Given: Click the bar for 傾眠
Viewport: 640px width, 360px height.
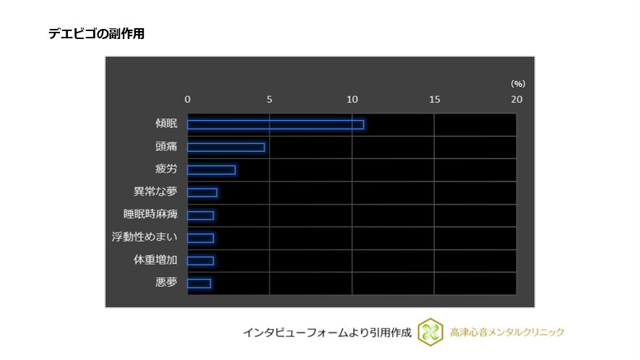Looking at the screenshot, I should click(275, 124).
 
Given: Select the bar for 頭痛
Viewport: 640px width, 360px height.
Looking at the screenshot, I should click(226, 147).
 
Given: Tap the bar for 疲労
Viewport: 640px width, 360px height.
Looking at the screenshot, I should click(211, 170).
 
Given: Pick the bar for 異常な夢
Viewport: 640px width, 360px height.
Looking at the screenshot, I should click(202, 192).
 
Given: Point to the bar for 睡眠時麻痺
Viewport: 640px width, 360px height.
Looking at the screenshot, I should click(201, 215).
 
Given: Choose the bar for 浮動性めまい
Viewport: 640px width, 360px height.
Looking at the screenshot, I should click(201, 238).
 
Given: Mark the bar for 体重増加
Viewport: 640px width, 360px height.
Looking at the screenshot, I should click(201, 260).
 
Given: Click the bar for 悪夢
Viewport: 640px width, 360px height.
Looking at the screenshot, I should click(199, 283).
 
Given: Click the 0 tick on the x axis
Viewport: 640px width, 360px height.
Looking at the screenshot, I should click(188, 99).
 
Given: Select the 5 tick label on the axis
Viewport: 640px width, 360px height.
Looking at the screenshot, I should click(269, 99).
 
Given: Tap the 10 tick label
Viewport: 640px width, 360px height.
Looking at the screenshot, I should click(352, 99).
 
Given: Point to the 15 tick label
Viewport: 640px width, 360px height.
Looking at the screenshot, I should click(434, 99).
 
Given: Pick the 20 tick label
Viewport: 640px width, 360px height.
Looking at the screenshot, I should click(516, 99).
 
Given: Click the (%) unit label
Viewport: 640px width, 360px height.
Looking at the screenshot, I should click(517, 84).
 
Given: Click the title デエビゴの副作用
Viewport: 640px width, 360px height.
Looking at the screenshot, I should click(96, 34).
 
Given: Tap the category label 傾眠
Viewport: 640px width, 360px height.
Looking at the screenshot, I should click(166, 124).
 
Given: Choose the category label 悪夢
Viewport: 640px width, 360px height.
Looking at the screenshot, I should click(166, 283).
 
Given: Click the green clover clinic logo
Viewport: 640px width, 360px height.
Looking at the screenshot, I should click(431, 332).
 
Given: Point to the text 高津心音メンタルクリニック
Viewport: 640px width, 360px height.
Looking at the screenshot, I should click(507, 333).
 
